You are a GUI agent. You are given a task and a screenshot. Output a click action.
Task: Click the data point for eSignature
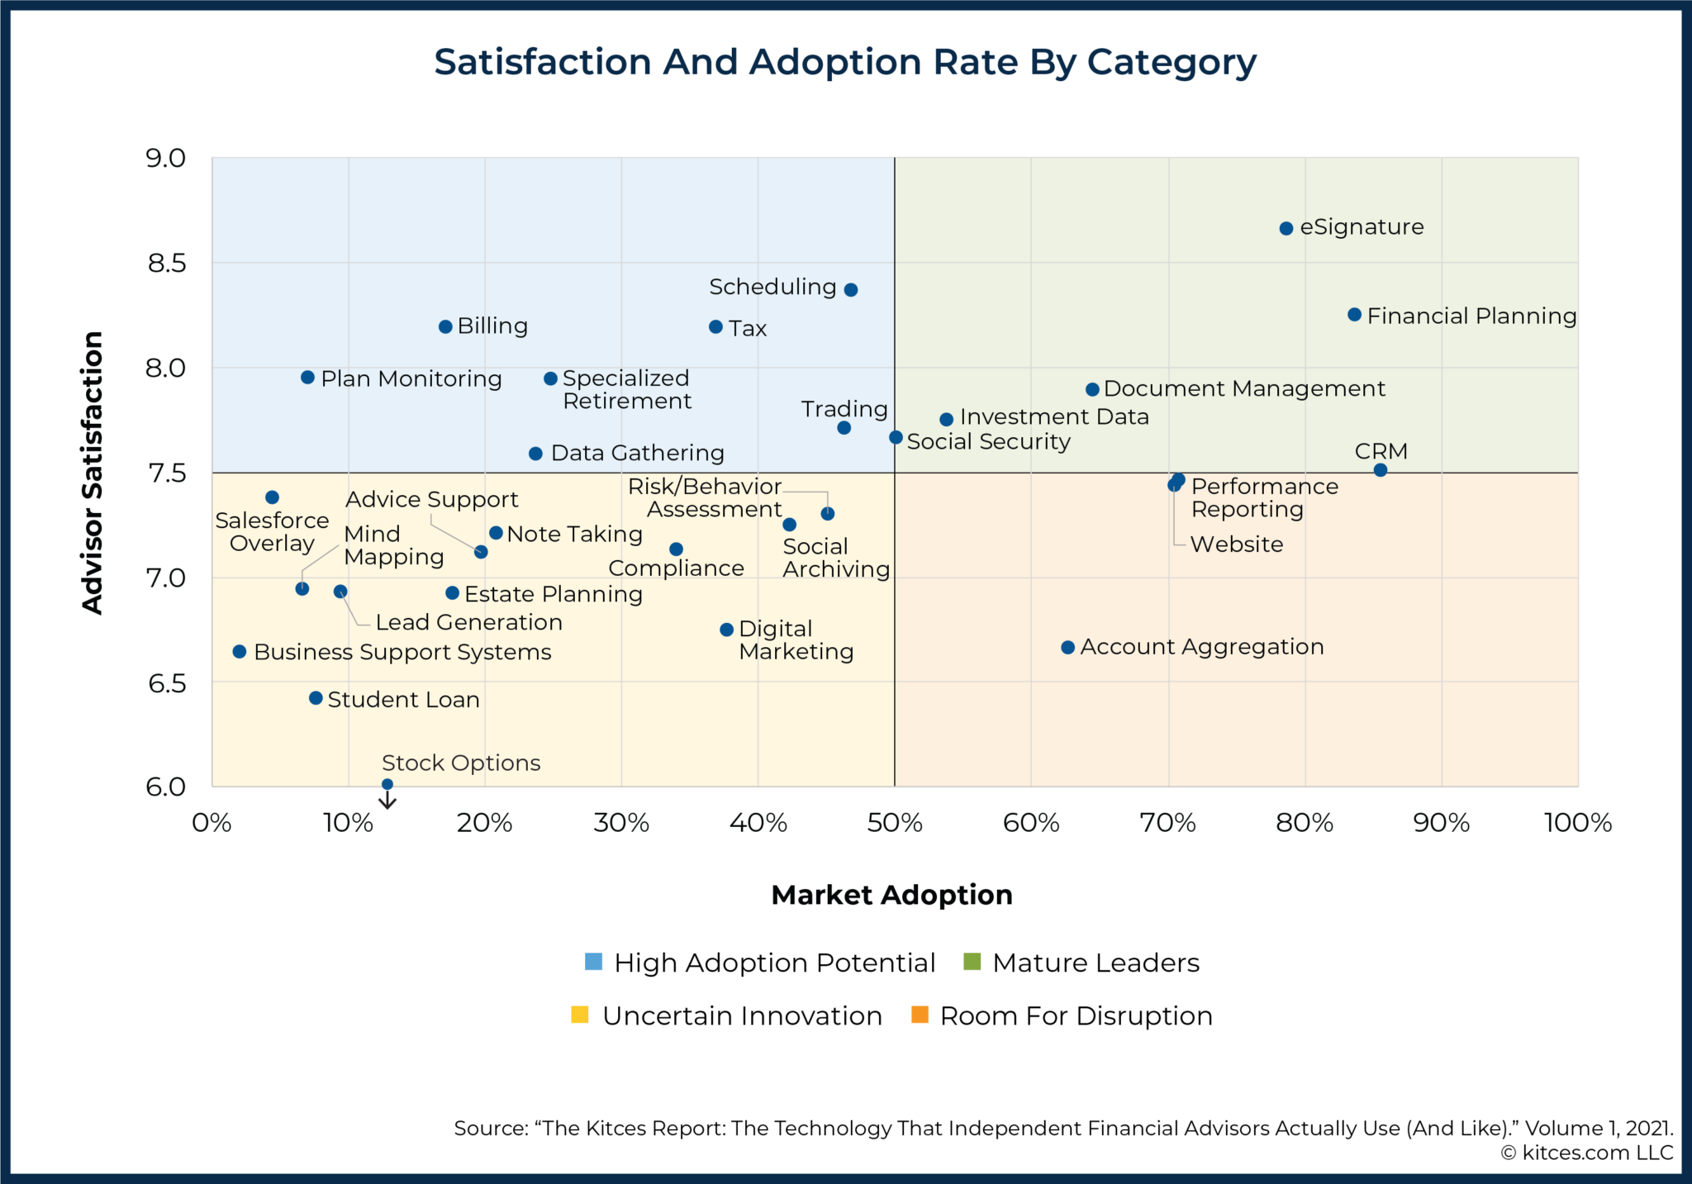click(x=1286, y=228)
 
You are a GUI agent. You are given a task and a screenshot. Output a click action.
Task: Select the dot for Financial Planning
click(x=1354, y=315)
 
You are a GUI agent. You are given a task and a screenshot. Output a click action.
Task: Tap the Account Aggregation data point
click(x=1067, y=647)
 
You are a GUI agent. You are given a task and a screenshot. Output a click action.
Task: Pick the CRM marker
click(x=1381, y=470)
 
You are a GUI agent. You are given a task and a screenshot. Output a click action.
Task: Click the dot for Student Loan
click(x=316, y=698)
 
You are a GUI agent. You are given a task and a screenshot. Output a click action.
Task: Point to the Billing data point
click(x=445, y=326)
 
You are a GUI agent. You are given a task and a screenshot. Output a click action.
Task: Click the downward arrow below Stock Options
click(x=387, y=800)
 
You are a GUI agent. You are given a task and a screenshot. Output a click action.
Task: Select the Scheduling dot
click(x=851, y=289)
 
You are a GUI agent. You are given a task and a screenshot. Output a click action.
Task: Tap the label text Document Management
click(x=1244, y=388)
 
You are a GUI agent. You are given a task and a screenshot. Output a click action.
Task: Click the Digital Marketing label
click(x=795, y=640)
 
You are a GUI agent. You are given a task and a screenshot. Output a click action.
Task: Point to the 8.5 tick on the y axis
click(x=166, y=264)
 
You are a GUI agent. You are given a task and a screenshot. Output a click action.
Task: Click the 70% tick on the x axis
click(x=1167, y=823)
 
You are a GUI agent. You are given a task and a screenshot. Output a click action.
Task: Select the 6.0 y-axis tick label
click(x=166, y=787)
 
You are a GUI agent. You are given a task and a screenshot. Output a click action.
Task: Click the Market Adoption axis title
click(x=891, y=895)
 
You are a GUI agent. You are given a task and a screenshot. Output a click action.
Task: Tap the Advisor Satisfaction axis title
click(x=93, y=473)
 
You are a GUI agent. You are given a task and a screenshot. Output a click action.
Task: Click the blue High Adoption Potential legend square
click(x=593, y=962)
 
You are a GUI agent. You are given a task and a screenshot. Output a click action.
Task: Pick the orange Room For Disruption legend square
click(x=920, y=1015)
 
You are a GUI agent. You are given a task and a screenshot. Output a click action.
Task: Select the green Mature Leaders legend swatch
click(x=972, y=962)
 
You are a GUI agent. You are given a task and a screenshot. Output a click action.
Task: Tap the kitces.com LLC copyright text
click(x=1586, y=1153)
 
